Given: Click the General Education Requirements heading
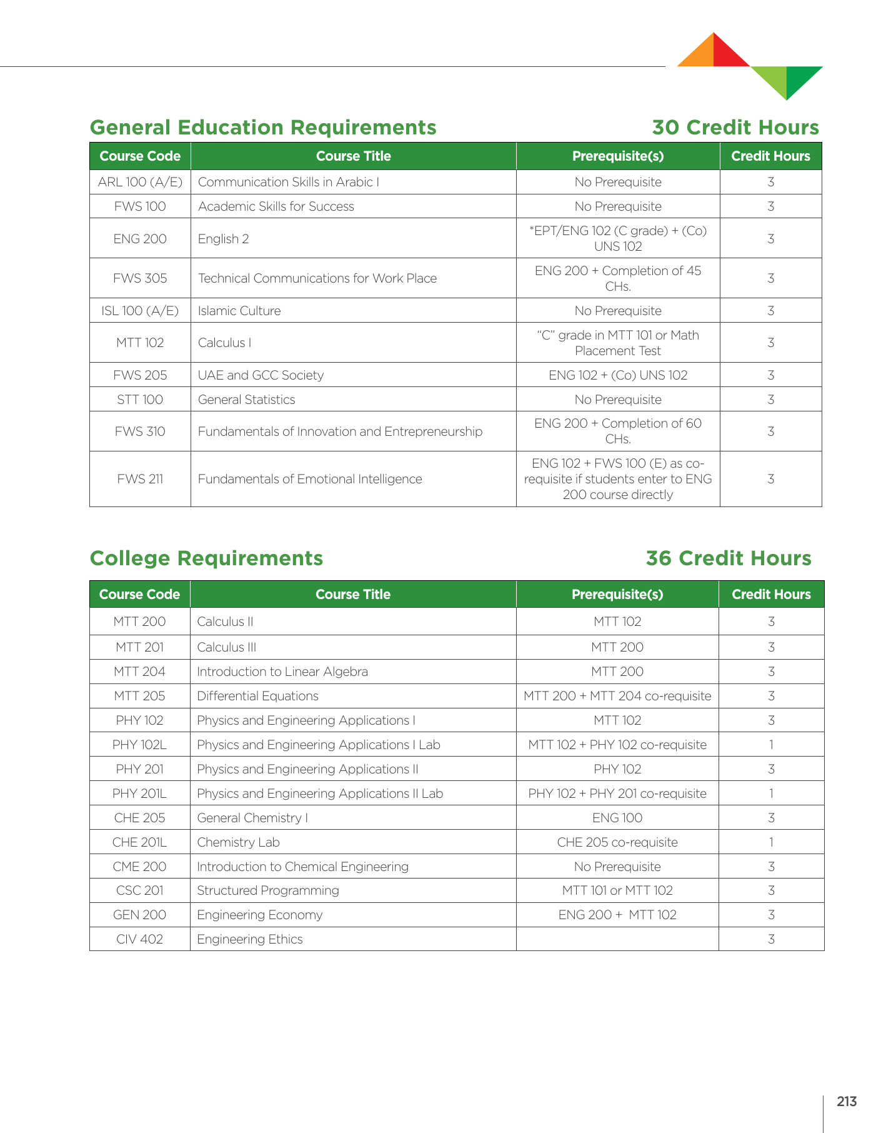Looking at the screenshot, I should click(263, 128).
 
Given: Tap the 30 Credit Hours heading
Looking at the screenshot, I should click(735, 128).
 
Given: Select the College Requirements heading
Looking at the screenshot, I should click(206, 558).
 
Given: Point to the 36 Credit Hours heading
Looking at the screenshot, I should click(728, 558).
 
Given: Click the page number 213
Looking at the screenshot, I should click(847, 1102).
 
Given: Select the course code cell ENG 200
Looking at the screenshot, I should click(140, 239).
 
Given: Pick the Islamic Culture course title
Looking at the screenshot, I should click(239, 311).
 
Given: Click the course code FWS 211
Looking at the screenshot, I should click(140, 479).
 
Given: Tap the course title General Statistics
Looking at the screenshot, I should click(246, 400).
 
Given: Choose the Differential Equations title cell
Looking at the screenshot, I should click(257, 696).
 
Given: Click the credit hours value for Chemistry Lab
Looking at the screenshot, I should click(771, 842).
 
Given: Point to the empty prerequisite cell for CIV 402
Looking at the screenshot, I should click(617, 939).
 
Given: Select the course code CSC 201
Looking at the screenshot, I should click(140, 890).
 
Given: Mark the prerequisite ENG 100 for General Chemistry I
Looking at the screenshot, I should click(617, 818).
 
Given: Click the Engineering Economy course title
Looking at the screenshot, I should click(259, 915).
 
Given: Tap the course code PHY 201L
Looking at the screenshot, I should click(140, 793).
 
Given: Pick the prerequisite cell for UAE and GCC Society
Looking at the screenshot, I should click(618, 375).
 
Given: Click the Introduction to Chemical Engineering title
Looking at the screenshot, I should click(302, 867).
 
